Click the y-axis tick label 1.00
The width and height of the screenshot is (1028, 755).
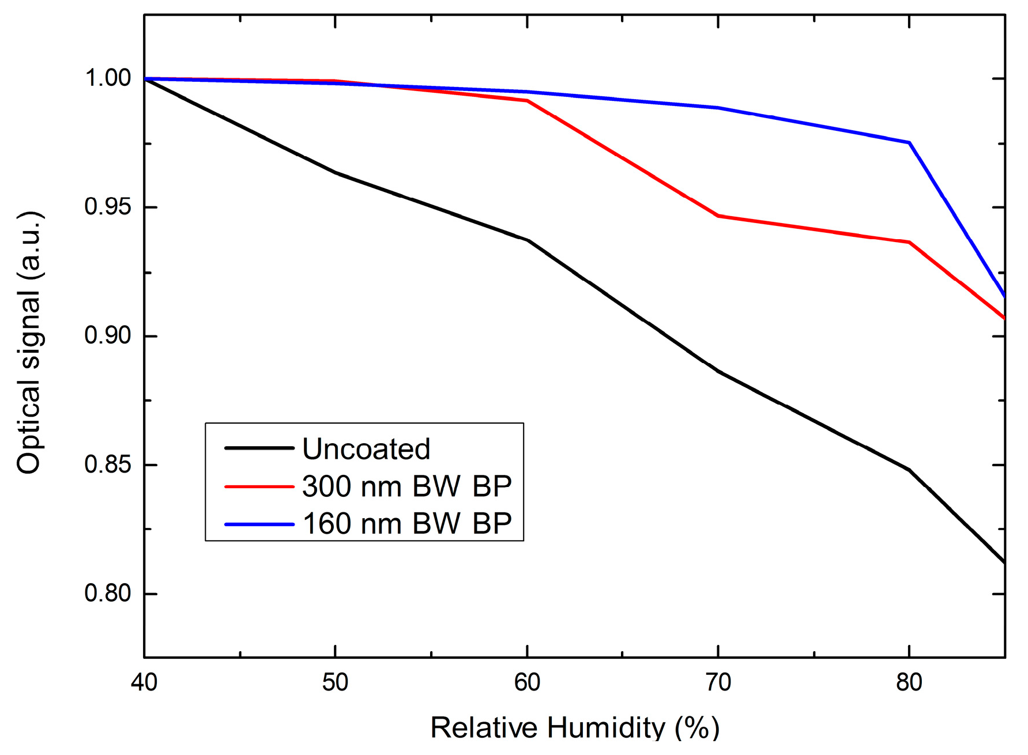pyautogui.click(x=108, y=78)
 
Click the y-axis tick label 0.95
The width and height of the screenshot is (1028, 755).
pyautogui.click(x=108, y=207)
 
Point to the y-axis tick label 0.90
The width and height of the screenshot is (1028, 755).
pyautogui.click(x=108, y=335)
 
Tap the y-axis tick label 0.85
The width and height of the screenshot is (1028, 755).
pyautogui.click(x=108, y=465)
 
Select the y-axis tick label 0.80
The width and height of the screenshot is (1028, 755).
pyautogui.click(x=108, y=593)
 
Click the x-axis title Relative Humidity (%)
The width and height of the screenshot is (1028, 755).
pyautogui.click(x=575, y=728)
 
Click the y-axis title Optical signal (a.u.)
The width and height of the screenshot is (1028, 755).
pyautogui.click(x=29, y=342)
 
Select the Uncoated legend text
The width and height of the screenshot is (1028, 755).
pyautogui.click(x=366, y=449)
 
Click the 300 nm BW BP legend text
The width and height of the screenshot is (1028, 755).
pyautogui.click(x=406, y=486)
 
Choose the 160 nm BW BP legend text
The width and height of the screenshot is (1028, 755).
pyautogui.click(x=406, y=524)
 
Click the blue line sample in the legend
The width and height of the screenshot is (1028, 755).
pyautogui.click(x=259, y=524)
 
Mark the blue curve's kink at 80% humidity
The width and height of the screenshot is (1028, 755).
pyautogui.click(x=909, y=142)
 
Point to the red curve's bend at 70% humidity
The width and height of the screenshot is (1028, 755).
pyautogui.click(x=718, y=216)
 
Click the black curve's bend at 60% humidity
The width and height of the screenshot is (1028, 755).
pyautogui.click(x=527, y=240)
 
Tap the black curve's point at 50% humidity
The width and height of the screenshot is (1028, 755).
pyautogui.click(x=336, y=172)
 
